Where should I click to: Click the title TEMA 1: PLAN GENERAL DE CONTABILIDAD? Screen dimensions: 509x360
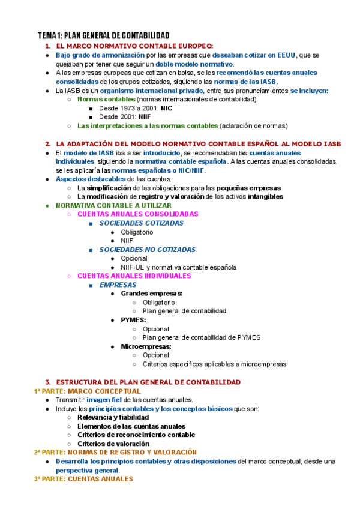click(x=103, y=35)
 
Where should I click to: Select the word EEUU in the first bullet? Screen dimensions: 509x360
click(x=287, y=55)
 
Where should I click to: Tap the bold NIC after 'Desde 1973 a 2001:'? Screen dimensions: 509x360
click(x=158, y=109)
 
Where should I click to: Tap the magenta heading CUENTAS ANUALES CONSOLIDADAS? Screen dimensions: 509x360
click(x=137, y=214)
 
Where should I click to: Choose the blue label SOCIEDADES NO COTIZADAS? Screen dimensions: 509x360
click(x=148, y=249)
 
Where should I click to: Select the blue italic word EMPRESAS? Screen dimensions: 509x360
click(x=118, y=285)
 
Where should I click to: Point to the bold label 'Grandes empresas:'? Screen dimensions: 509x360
click(x=152, y=294)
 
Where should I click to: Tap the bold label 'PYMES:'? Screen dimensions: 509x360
click(x=133, y=320)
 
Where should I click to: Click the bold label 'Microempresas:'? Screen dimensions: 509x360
click(x=146, y=346)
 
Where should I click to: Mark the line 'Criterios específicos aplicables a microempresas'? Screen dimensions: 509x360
click(x=214, y=364)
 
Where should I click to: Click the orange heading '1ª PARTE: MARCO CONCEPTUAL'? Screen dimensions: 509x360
click(x=87, y=391)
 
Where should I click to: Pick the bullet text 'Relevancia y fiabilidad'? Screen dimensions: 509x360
click(x=113, y=417)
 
